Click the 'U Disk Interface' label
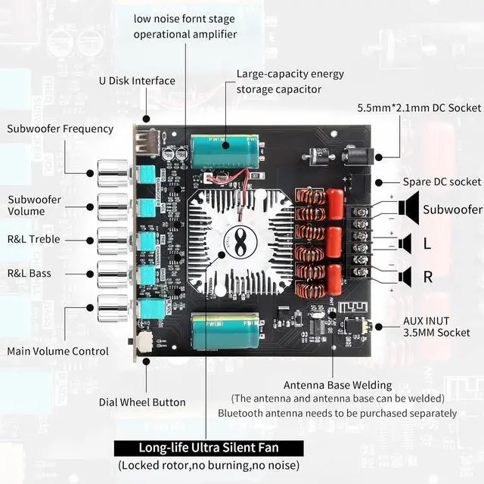137,81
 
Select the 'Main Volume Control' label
57,351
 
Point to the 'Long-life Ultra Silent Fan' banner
208,447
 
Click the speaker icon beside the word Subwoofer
408,208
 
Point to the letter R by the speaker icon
427,277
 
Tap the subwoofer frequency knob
113,175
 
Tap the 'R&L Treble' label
33,240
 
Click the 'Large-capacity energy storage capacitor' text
279,82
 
